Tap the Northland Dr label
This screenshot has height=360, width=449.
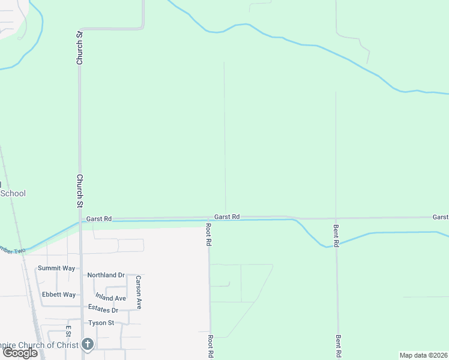point(106,275)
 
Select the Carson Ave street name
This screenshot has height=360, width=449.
point(138,292)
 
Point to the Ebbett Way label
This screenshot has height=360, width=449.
point(59,295)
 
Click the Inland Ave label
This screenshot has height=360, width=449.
point(110,298)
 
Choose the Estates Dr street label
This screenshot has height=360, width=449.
point(103,310)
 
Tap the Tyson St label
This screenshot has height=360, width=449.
point(101,323)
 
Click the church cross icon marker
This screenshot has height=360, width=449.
point(88,344)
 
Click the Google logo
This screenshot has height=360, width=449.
point(20,353)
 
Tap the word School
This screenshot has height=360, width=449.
point(13,193)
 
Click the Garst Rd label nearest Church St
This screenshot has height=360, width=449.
point(98,219)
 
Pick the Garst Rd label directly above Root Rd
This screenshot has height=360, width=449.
point(227,216)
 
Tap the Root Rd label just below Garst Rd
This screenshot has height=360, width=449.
point(209,235)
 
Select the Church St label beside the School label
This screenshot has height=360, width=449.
point(79,191)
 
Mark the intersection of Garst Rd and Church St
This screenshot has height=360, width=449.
point(80,220)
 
